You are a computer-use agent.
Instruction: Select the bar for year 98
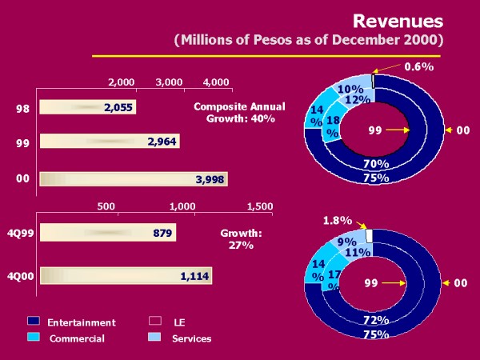click(x=88, y=107)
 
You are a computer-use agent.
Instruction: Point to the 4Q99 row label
click(x=19, y=233)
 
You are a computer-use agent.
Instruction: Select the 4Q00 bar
click(x=126, y=275)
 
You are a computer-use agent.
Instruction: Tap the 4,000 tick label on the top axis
click(x=217, y=82)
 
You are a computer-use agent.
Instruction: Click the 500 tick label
click(x=106, y=206)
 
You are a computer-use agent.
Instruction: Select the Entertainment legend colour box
click(x=34, y=322)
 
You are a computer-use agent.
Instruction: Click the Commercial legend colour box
click(x=34, y=338)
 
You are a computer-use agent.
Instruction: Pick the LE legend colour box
click(x=156, y=322)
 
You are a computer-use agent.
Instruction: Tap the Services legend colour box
click(x=156, y=338)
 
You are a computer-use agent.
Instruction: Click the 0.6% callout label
click(x=418, y=67)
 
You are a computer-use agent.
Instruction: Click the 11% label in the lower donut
click(x=358, y=253)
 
